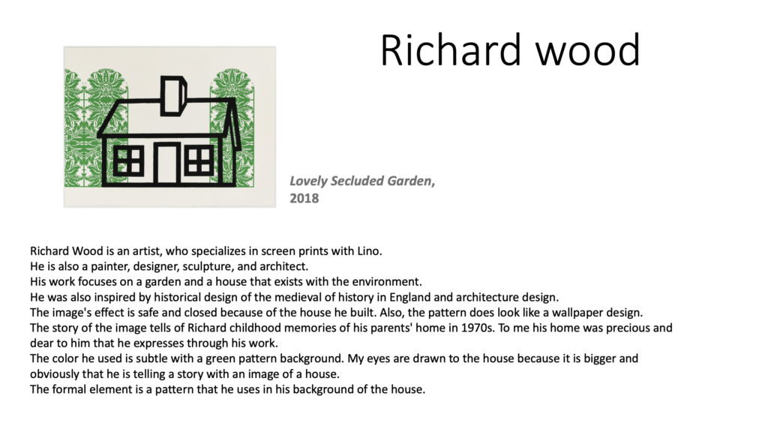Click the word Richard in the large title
click(x=450, y=49)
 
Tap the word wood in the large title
click(x=588, y=49)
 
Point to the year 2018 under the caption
click(x=304, y=198)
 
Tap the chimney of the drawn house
click(x=173, y=95)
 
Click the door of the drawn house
click(x=167, y=163)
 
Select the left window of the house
click(x=128, y=160)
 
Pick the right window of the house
click(x=199, y=160)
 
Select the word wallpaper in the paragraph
click(x=577, y=313)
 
